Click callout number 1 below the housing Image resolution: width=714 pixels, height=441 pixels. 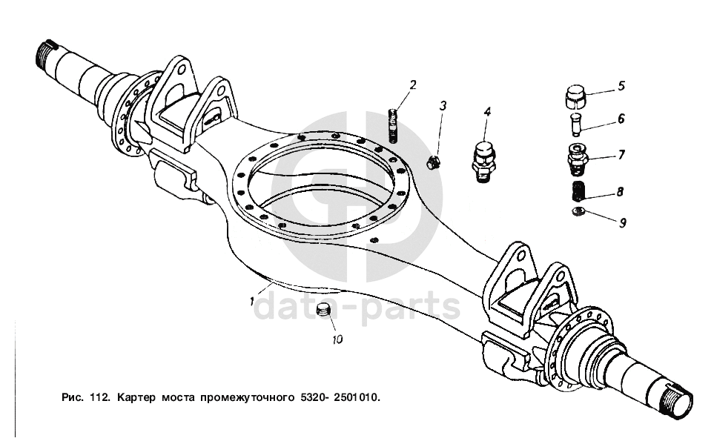tap(254, 302)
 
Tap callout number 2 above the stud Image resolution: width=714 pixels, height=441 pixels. tap(413, 84)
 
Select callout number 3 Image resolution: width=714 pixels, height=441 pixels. tap(443, 106)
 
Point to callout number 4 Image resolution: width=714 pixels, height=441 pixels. tap(487, 112)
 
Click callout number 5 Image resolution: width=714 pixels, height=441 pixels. tap(621, 85)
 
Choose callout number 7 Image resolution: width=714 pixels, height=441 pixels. tap(621, 155)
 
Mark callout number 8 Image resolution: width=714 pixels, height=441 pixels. tap(620, 192)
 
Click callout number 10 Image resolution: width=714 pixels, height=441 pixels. tap(337, 339)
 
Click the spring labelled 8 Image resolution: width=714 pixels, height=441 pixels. tap(578, 191)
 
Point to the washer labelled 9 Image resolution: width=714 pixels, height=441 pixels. tap(578, 213)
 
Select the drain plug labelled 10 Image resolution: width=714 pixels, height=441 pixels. tap(322, 310)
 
